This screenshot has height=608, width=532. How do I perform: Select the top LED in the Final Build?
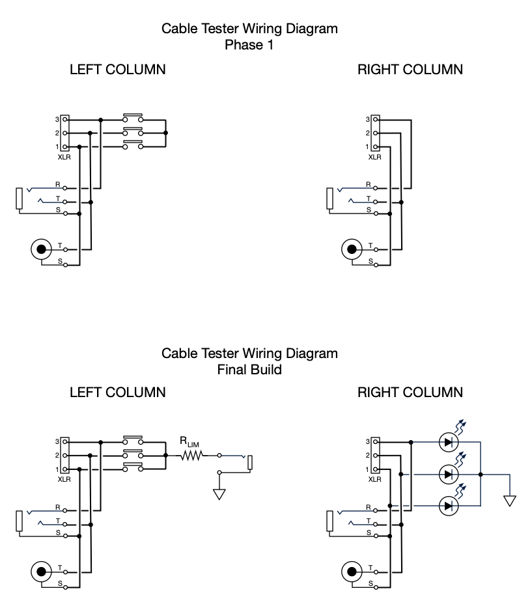coord(448,443)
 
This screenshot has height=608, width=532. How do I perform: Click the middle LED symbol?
coord(448,475)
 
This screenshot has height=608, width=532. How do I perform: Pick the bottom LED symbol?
coord(448,506)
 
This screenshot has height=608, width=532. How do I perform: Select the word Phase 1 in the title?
coord(249,45)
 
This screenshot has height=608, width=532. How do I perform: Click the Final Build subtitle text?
coord(249,369)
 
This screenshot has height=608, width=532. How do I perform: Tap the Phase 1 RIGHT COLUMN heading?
coord(410,70)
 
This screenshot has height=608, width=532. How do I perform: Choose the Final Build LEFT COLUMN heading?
coord(118,393)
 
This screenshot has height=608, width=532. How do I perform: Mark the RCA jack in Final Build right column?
coord(352,572)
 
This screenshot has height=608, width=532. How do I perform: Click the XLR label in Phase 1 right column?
coord(375,157)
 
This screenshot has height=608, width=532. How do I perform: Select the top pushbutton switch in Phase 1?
coord(133,118)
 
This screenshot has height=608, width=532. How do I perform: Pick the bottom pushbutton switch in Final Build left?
coord(133,468)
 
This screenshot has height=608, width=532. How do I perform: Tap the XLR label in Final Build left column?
coord(64,480)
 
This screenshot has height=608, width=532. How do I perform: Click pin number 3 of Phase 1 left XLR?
coord(57,120)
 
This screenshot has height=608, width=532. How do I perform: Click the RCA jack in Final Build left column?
coord(42,572)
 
